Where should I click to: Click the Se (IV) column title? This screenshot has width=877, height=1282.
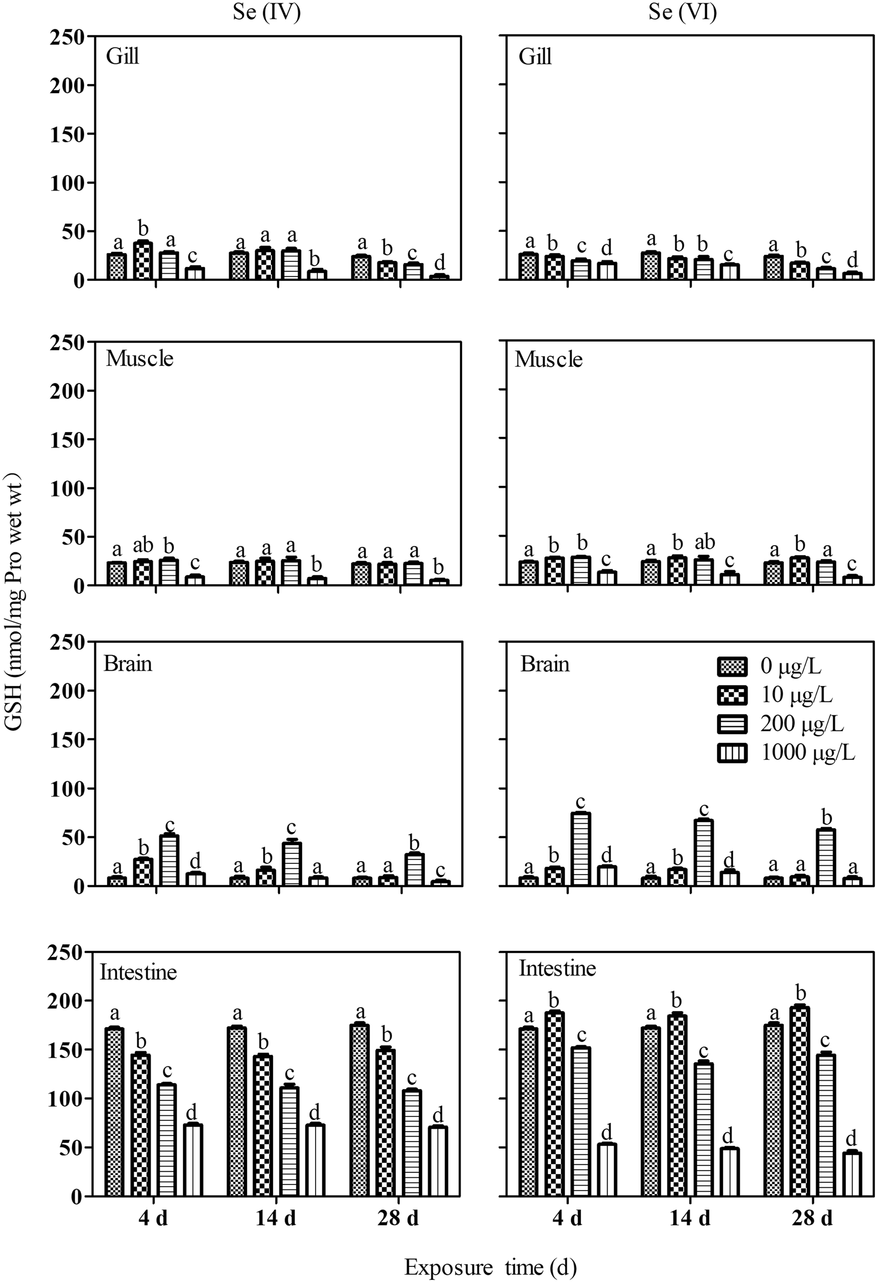pos(267,12)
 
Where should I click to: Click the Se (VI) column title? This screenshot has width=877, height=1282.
pos(682,12)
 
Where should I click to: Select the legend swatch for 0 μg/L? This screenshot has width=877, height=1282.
pos(731,666)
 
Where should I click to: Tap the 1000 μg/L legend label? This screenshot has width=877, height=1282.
pos(807,753)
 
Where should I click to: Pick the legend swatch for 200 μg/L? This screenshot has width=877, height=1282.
pos(731,724)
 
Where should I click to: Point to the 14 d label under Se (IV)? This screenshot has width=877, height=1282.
pos(276,1218)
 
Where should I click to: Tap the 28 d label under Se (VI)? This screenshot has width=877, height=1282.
pos(812,1218)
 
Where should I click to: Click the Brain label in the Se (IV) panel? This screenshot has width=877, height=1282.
pos(128,664)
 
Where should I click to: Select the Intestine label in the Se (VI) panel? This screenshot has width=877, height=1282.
pos(558,968)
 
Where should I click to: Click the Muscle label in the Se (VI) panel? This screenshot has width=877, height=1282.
pos(549,360)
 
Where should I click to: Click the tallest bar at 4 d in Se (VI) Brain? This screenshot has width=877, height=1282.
pos(581,849)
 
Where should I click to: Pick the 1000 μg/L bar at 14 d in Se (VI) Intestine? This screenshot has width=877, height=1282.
pos(729,1171)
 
